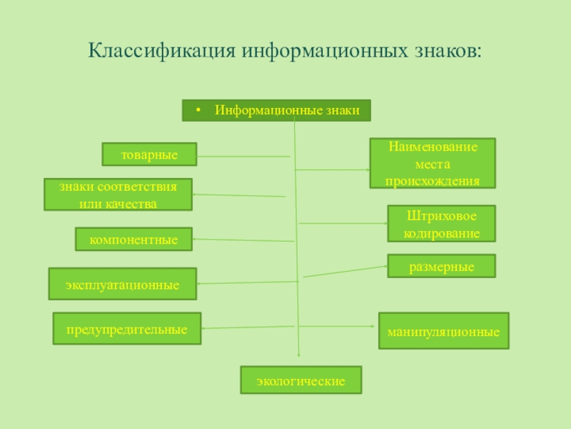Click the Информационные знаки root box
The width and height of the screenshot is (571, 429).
click(x=277, y=111)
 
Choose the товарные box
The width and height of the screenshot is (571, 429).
click(x=150, y=154)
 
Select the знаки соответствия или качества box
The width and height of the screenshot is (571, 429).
click(x=118, y=194)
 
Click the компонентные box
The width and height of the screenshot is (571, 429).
click(x=133, y=240)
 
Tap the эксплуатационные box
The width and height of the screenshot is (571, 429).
click(x=122, y=285)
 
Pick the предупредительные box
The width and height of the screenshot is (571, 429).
click(x=127, y=329)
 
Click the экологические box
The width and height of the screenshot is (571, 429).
click(x=301, y=381)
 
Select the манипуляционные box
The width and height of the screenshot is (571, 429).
click(x=443, y=331)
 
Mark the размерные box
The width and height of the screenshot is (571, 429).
click(x=441, y=266)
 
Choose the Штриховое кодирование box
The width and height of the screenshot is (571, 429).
click(x=441, y=224)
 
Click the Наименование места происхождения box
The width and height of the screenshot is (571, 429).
click(x=432, y=163)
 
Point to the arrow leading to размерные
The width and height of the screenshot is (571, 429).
click(x=346, y=272)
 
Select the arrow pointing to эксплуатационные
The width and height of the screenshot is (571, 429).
click(x=247, y=283)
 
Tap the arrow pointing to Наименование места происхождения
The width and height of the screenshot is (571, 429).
click(x=333, y=169)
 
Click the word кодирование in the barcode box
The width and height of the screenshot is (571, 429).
click(x=441, y=233)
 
